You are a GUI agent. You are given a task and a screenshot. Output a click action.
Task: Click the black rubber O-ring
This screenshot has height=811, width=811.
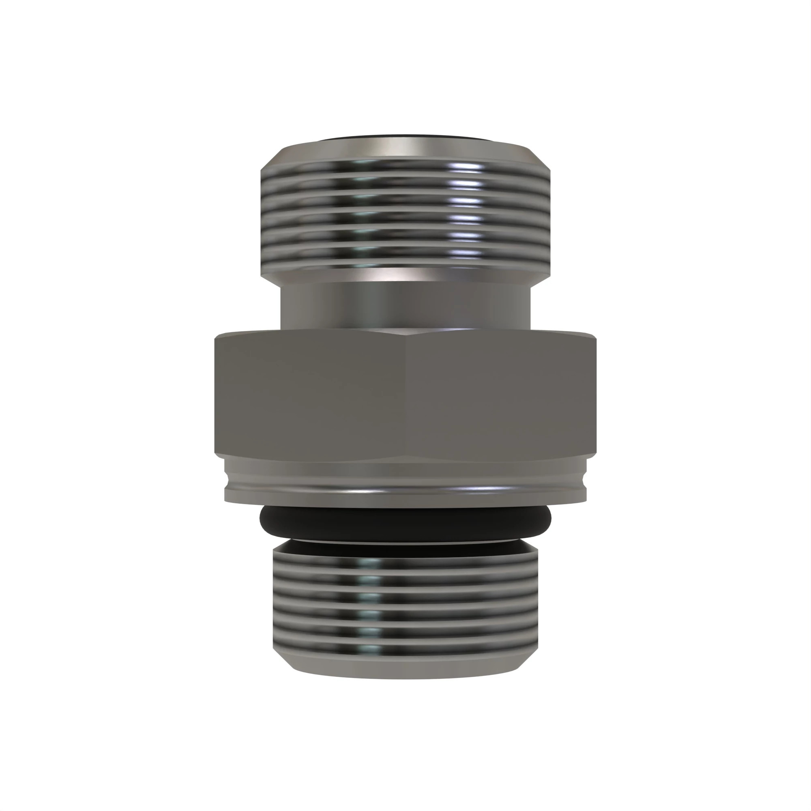point(405,523)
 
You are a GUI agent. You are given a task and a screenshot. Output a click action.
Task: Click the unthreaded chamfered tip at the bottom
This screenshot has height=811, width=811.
point(405,670)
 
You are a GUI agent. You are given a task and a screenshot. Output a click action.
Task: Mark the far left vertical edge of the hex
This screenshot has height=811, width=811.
point(215,395)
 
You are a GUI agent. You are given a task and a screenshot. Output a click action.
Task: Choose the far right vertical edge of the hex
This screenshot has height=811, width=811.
point(596,395)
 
